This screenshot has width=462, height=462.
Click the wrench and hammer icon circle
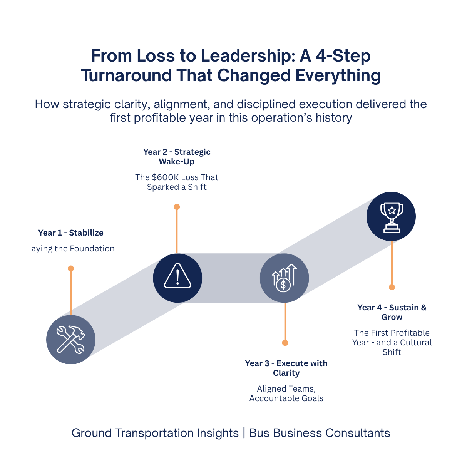coord(71,340)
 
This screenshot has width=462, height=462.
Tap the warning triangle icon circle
coord(177,278)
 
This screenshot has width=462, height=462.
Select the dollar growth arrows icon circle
coord(284,278)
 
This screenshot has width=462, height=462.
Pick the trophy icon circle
coord(391,216)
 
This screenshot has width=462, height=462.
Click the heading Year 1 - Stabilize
coord(71,233)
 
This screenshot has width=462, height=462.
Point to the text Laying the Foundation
coord(71,249)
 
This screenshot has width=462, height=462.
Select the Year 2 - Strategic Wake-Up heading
coord(177,157)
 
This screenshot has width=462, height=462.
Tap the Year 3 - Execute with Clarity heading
coord(286,368)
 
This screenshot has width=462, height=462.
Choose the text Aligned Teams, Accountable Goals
coord(286,393)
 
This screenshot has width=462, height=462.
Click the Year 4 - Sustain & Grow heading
coord(392,312)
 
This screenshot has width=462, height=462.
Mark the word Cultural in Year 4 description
coord(416,343)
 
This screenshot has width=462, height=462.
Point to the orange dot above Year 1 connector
coord(71,268)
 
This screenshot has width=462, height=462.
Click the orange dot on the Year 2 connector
coord(177,207)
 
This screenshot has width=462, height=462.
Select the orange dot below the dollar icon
coord(285,343)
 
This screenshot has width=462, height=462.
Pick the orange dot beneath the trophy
coord(392,287)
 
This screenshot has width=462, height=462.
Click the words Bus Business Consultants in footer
coord(320,433)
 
